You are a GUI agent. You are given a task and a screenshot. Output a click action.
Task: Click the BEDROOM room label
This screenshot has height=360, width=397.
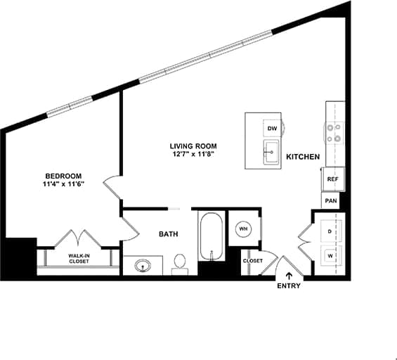pyautogui.click(x=63, y=176)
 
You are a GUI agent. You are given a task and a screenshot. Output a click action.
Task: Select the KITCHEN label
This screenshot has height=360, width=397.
pyautogui.click(x=304, y=157)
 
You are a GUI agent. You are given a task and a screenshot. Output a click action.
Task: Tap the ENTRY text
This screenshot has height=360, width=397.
pyautogui.click(x=289, y=285)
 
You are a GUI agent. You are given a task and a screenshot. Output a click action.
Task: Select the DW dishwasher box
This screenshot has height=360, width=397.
pyautogui.click(x=272, y=128)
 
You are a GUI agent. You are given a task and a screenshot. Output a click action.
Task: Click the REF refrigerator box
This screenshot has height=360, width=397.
pyautogui.click(x=334, y=179)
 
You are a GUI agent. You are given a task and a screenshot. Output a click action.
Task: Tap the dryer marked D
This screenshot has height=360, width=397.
pyautogui.click(x=329, y=231)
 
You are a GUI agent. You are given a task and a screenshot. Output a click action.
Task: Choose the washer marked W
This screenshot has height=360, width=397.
pyautogui.click(x=329, y=256)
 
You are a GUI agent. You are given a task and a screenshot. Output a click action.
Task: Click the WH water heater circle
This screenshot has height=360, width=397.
pyautogui.click(x=243, y=229)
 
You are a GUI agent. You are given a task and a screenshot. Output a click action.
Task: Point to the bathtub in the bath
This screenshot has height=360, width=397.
pyautogui.click(x=210, y=237)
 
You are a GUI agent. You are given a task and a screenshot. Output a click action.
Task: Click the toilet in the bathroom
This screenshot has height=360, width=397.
pyautogui.click(x=179, y=262)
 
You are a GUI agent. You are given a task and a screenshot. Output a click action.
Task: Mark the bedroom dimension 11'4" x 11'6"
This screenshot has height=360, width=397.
pyautogui.click(x=63, y=185)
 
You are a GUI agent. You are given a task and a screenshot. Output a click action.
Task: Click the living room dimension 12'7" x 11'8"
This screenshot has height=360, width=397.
pyautogui.click(x=192, y=155)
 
